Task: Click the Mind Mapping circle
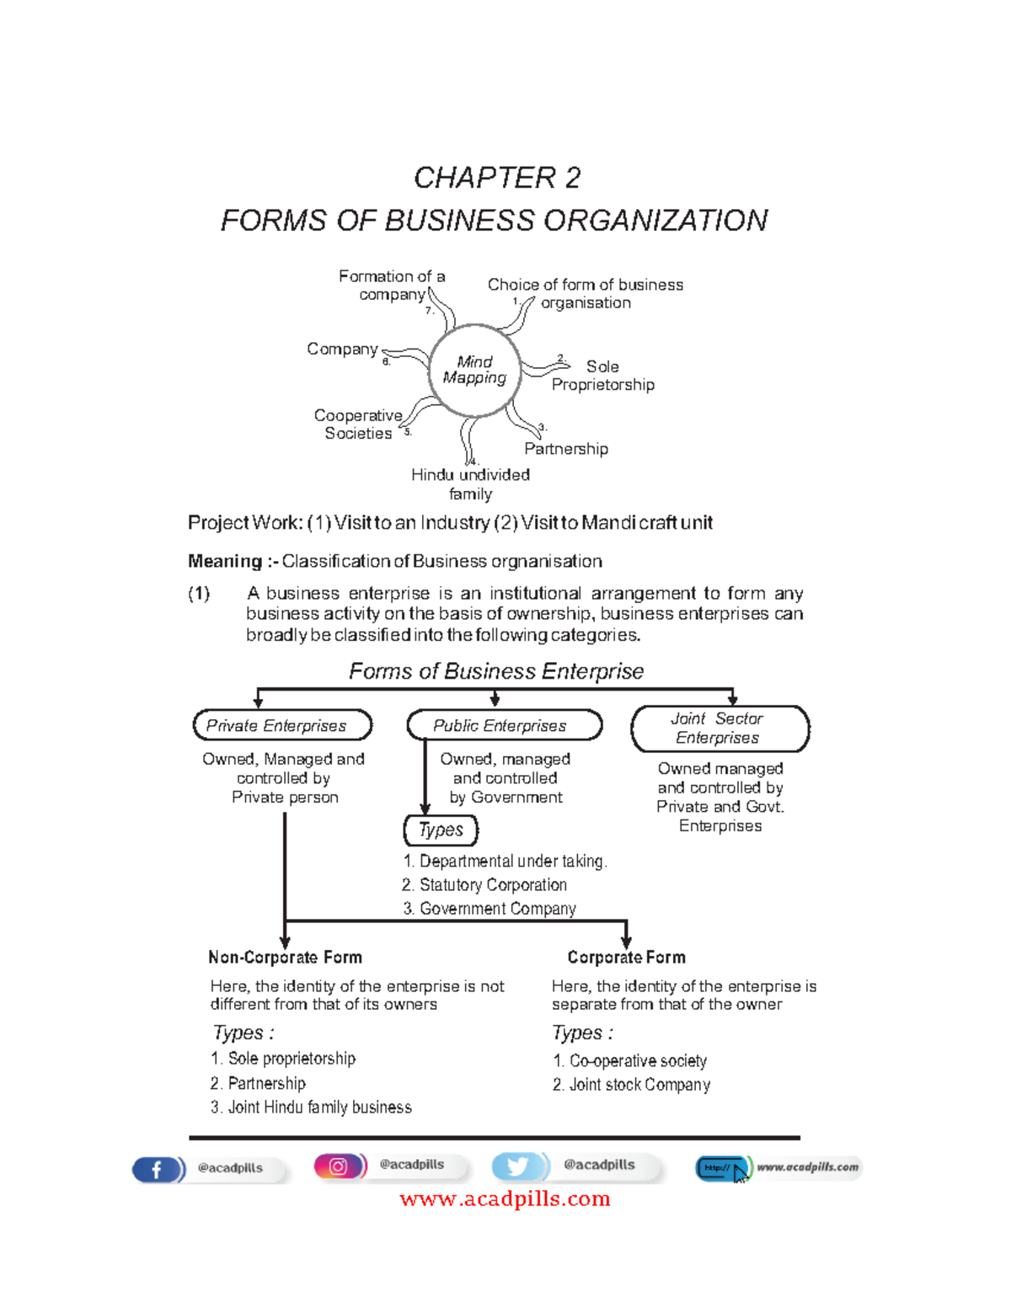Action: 474,370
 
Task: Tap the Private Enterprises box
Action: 282,725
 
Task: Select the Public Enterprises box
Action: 504,725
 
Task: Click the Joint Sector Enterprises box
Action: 719,729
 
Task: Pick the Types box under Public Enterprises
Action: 441,830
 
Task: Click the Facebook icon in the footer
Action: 157,1169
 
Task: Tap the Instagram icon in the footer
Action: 339,1166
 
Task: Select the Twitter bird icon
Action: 518,1166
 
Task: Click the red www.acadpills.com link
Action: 505,1199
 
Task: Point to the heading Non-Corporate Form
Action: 285,958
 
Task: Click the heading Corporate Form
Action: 626,958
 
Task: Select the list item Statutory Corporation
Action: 492,885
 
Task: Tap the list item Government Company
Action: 497,909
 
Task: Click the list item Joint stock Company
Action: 639,1085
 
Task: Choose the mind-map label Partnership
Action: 566,449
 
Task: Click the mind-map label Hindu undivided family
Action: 470,484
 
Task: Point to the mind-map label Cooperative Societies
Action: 358,424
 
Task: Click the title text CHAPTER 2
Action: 496,178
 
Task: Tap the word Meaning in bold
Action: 225,561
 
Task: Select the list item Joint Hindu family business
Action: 318,1108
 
